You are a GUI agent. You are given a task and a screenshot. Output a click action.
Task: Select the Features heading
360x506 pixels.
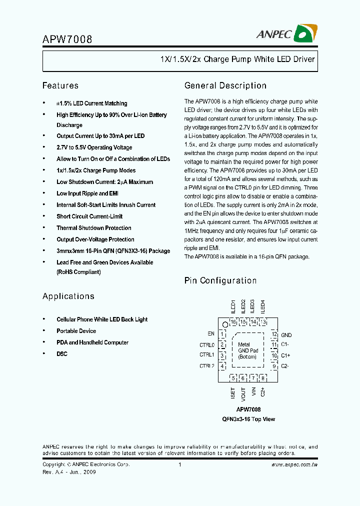[x=60, y=85]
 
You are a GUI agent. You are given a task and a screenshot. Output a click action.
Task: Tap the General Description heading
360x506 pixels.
[x=225, y=85]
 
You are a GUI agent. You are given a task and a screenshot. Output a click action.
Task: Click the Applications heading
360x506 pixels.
[x=68, y=296]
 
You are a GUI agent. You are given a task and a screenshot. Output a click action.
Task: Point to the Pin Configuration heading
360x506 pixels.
[x=220, y=280]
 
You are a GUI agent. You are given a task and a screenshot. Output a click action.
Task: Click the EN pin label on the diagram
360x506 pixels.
[x=211, y=333]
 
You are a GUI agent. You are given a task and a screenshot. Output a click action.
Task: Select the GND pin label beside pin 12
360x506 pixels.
[x=286, y=335]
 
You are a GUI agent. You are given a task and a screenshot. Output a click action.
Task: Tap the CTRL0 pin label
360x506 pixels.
[x=207, y=344]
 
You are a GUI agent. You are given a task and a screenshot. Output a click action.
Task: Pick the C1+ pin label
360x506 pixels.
[x=285, y=355]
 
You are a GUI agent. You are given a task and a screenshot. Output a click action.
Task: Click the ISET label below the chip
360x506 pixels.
[x=233, y=393]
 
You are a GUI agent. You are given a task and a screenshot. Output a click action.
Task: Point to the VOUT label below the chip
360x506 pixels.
[x=243, y=394]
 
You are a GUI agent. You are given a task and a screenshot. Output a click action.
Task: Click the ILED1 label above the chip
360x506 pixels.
[x=233, y=306]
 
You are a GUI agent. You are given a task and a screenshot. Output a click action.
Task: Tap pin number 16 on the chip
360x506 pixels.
[x=233, y=322]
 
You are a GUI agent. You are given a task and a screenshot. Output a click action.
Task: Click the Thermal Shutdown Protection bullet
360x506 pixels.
[x=94, y=228]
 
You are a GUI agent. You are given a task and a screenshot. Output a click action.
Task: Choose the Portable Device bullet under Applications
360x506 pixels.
[x=76, y=331]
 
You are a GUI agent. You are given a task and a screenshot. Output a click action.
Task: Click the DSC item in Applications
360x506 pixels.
[x=62, y=354]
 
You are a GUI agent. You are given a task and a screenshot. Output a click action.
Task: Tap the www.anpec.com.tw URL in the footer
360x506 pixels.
[x=294, y=464]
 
